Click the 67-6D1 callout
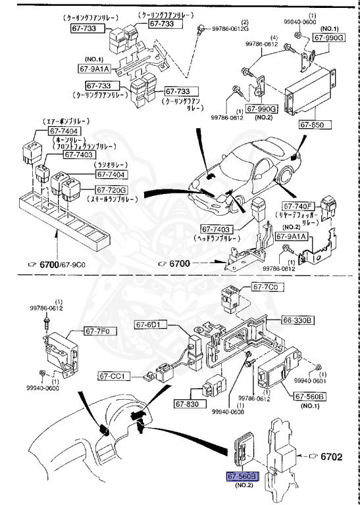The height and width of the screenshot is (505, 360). (x=151, y=324)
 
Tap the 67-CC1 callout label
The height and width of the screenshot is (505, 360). (x=116, y=376)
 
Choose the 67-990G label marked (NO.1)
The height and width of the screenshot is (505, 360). (x=328, y=38)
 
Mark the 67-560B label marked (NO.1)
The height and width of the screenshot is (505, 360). (x=310, y=397)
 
